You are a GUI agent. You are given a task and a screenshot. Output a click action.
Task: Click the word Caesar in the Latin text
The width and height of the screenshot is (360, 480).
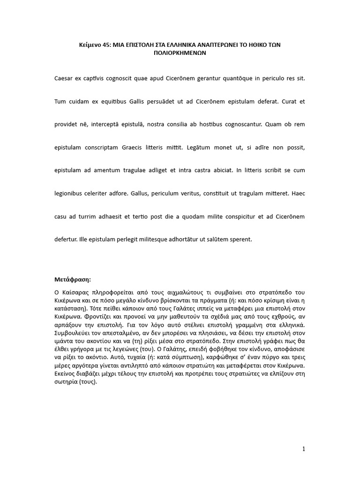click(x=65, y=78)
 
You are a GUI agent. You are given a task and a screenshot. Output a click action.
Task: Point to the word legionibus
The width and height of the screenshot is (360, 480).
click(x=70, y=193)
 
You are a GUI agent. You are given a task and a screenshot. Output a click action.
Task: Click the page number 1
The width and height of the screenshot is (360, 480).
click(x=304, y=449)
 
